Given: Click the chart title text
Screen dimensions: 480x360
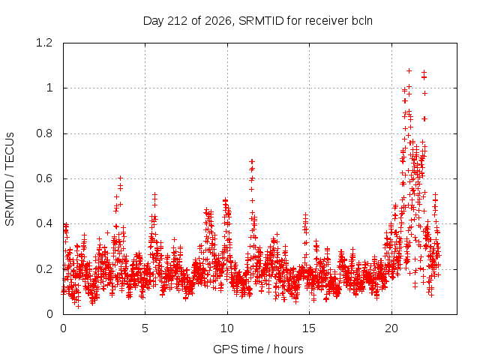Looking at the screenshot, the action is (x=258, y=21).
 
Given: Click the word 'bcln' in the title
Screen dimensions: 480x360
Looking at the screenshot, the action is (x=362, y=21).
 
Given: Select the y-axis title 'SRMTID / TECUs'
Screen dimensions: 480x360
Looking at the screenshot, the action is (x=10, y=179).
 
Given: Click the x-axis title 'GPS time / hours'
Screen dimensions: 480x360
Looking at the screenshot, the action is (x=258, y=349).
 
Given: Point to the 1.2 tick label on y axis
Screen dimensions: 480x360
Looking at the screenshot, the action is (x=44, y=43).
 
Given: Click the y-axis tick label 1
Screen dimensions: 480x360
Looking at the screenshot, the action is (x=49, y=88).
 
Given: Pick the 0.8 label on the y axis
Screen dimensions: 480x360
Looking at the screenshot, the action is (x=44, y=133).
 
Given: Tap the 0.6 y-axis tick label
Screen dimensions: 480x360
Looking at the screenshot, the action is (x=44, y=178).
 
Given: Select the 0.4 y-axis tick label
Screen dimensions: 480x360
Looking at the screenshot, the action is (x=44, y=223).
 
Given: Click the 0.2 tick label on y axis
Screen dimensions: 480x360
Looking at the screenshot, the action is (x=44, y=269).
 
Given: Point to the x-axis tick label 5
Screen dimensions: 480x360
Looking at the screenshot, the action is (x=145, y=328).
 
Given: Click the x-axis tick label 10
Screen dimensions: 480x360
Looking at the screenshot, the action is (x=227, y=328).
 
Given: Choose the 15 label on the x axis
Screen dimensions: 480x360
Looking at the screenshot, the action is (x=309, y=328).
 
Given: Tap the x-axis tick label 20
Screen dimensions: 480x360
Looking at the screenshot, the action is (x=391, y=328).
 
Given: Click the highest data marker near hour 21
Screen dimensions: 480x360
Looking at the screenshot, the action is (x=409, y=71).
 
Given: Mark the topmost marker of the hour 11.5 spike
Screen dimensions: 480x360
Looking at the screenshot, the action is (x=252, y=161).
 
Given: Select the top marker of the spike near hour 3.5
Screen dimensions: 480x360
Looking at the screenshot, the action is (x=121, y=178).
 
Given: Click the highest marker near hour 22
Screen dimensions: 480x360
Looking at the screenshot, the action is (x=424, y=72).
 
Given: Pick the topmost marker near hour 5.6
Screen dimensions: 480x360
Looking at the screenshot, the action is (x=155, y=194).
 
